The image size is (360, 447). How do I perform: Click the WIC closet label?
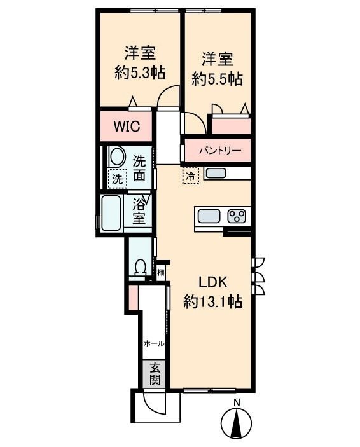click(x=127, y=127)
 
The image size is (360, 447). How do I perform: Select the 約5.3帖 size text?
click(x=140, y=73)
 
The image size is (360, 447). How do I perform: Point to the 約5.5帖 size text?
click(x=218, y=79)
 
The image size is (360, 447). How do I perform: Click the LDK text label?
click(x=213, y=282)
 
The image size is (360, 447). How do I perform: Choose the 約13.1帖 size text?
click(x=213, y=301)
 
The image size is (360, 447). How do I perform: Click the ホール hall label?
click(x=154, y=344)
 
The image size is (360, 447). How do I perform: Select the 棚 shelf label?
click(x=161, y=273)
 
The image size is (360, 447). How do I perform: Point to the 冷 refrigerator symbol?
click(x=191, y=176)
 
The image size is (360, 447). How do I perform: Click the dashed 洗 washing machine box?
click(x=118, y=179)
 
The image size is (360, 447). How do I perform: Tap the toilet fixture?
click(x=140, y=268)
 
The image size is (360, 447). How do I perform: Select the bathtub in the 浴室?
click(x=111, y=214)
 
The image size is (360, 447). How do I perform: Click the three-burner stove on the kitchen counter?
click(x=237, y=216)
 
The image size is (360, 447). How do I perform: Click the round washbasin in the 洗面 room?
click(x=118, y=157)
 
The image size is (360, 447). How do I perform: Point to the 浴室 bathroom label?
click(x=139, y=212)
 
